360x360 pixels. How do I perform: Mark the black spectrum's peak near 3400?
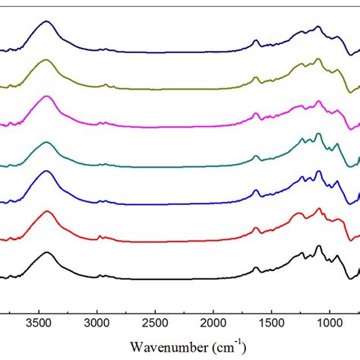(47, 252)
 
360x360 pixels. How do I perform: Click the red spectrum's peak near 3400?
(47, 212)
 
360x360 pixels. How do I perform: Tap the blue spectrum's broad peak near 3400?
(47, 172)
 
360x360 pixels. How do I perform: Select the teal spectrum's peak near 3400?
(47, 143)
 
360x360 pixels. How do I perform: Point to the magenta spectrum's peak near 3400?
(47, 96)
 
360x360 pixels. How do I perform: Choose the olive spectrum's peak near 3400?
(47, 60)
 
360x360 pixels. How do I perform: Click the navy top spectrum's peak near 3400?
(47, 22)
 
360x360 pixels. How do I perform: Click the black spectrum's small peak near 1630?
(256, 267)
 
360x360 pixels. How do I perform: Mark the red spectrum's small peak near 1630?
(256, 228)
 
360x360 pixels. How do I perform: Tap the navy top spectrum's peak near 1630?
(256, 40)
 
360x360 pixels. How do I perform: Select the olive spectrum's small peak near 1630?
(256, 77)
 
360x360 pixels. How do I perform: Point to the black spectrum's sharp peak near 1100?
(318, 246)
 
